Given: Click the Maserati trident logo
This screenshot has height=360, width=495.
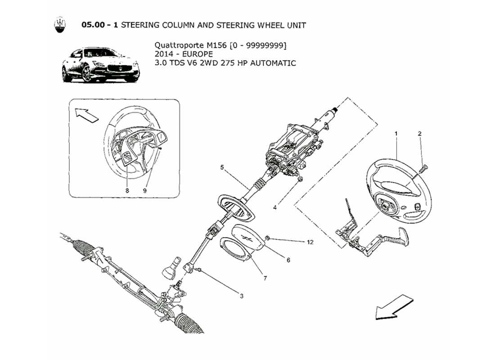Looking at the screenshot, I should [x=59, y=25].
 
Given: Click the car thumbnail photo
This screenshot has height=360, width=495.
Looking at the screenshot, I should [x=100, y=66].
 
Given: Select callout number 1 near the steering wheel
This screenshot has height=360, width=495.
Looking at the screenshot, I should [x=396, y=134].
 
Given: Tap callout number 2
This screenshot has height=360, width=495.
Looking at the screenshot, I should [x=419, y=134].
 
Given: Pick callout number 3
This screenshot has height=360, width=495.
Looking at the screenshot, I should [x=242, y=296].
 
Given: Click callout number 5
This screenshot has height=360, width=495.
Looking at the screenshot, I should [x=222, y=167].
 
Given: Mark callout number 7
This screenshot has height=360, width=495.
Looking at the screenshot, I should [x=265, y=279].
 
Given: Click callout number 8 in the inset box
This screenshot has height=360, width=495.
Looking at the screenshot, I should [x=127, y=191].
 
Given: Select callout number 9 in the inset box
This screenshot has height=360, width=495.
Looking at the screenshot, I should [x=145, y=191].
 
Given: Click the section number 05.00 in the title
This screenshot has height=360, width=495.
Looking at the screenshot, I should [x=94, y=25].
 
